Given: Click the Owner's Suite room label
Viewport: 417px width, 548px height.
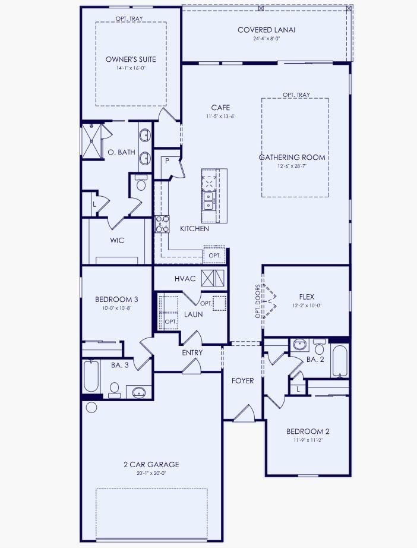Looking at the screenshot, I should coord(131,59).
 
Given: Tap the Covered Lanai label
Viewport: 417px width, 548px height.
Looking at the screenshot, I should coord(266,30).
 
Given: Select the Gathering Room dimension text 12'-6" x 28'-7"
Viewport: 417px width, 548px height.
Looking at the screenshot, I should coord(292,166).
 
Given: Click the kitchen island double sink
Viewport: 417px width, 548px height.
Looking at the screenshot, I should coord(208,200).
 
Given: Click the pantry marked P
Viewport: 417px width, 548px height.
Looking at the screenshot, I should coord(168,161).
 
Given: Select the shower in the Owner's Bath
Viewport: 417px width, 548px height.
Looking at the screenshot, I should coord(91,141).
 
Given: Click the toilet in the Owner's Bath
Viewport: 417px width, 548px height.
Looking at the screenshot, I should coord(141,184).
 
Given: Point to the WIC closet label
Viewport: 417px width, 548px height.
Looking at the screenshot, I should coord(116,241).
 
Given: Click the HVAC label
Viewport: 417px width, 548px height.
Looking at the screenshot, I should coord(185,278).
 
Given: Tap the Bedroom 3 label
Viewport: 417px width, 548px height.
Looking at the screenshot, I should coord(116,299).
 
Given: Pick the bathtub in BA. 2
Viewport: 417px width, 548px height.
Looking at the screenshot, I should coord(340,360).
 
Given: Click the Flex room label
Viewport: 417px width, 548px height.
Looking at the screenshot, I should coord(307,297).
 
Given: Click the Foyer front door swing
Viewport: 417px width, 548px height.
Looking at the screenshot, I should coord(244,413).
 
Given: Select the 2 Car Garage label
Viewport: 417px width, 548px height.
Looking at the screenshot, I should coord(151,464).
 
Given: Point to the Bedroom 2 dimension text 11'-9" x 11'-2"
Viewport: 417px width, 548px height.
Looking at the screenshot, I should coord(307,440).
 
